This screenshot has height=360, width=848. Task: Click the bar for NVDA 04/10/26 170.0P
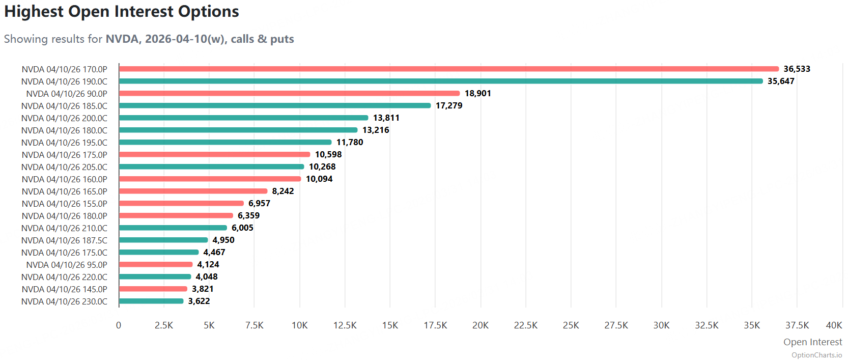tap(448, 69)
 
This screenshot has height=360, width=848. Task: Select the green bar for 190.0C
tap(440, 81)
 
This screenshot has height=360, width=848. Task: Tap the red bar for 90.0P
tap(289, 93)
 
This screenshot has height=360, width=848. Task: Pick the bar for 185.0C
tap(275, 105)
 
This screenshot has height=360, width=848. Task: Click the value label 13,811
tap(386, 118)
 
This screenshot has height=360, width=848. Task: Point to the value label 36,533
tap(797, 69)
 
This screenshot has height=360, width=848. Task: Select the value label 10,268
tap(322, 167)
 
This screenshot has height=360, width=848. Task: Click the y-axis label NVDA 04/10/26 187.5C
tap(64, 240)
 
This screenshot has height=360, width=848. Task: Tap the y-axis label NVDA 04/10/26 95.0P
tap(67, 265)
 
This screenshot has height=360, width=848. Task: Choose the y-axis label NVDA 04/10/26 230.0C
tap(64, 301)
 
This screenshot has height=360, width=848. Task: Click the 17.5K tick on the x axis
tap(435, 325)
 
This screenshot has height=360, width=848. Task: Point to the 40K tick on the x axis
tap(834, 325)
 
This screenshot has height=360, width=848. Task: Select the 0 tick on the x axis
tap(119, 325)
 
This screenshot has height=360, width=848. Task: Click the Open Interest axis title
tap(812, 342)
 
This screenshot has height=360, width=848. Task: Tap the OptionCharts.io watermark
tap(816, 355)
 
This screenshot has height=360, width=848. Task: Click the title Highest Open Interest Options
tap(122, 12)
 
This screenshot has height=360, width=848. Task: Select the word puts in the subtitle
tap(282, 39)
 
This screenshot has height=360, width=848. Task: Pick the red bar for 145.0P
tap(153, 289)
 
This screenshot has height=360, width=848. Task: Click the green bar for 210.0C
tap(173, 228)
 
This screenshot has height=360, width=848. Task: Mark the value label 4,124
tap(208, 264)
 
